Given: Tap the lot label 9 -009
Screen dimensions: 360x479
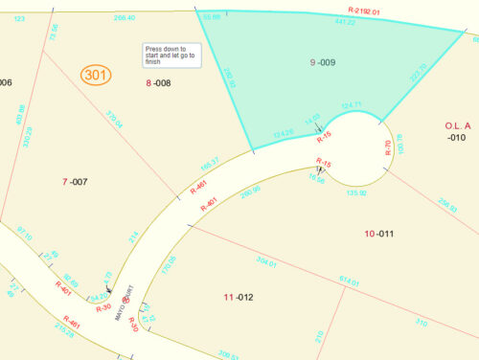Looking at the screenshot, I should click(x=323, y=62).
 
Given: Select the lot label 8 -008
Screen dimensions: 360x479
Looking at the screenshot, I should click(x=158, y=84).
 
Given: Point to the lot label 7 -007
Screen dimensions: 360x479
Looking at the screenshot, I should click(x=75, y=181).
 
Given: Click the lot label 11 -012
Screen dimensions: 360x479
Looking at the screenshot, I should click(x=239, y=297).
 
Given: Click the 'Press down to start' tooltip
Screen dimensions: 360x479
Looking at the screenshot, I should click(x=171, y=56).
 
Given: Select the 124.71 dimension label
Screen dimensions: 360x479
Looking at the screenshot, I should click(x=351, y=104).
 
